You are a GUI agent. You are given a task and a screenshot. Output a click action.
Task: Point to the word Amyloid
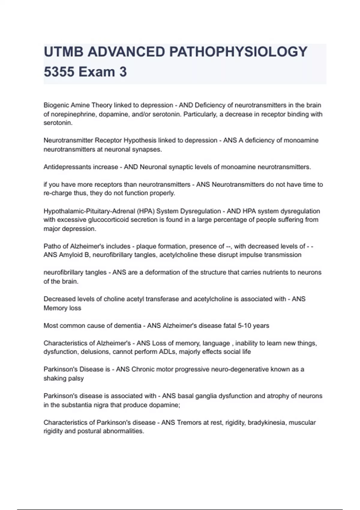coord(70,255)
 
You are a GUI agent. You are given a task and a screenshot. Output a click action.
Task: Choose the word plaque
coord(146,246)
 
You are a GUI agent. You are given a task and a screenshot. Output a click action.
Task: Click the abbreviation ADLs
coord(168,352)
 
